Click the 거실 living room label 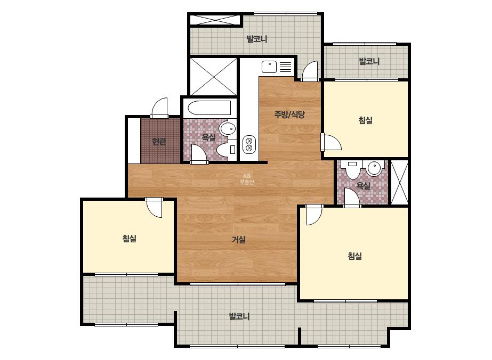238,240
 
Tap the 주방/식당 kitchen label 289,114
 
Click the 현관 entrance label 159,142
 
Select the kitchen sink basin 269,67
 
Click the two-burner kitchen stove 249,144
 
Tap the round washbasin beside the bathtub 228,128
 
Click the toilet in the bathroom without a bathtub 353,169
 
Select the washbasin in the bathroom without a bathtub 374,168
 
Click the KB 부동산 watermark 247,179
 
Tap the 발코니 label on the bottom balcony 239,316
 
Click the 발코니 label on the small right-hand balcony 369,61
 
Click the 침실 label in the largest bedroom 355,256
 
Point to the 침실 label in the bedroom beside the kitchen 366,120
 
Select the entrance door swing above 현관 160,108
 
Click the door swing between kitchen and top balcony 310,71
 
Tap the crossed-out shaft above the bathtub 213,77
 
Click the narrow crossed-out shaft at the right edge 400,183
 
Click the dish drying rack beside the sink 285,67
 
